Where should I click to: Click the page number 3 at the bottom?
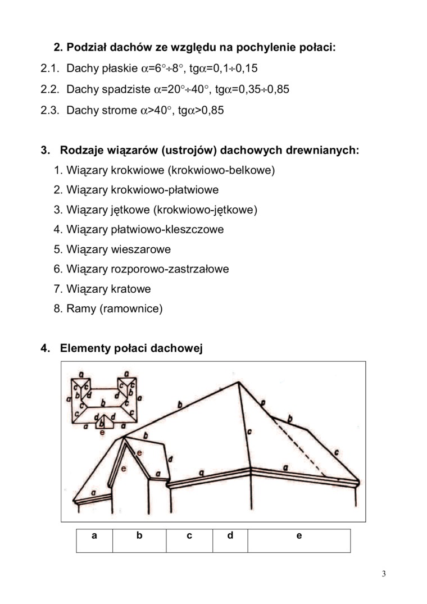pos(384,574)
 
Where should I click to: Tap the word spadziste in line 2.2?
pos(128,89)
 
